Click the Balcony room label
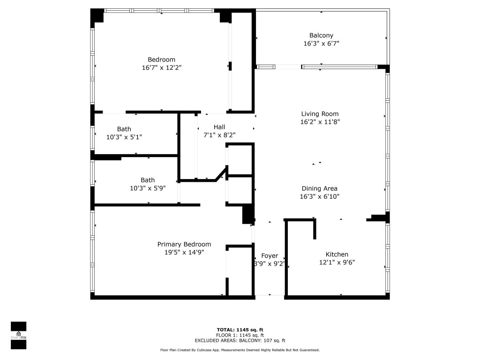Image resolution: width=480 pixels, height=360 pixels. (x=321, y=36)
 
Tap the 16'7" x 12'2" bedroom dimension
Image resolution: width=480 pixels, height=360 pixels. (x=161, y=67)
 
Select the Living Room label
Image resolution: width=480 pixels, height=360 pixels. (x=320, y=114)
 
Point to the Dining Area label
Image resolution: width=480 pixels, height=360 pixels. (x=319, y=188)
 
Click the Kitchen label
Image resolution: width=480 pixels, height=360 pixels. (x=337, y=255)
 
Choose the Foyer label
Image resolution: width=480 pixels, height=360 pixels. (x=270, y=255)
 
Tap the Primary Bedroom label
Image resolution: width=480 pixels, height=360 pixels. (x=184, y=244)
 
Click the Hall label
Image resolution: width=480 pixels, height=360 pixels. (x=219, y=127)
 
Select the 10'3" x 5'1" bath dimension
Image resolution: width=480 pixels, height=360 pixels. (x=124, y=137)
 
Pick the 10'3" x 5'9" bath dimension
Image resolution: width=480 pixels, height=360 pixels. (x=148, y=188)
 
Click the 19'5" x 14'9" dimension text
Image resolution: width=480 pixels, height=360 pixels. (x=184, y=252)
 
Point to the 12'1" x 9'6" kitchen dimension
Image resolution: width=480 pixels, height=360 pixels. (x=337, y=262)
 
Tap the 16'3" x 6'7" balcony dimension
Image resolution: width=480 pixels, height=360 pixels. (x=321, y=44)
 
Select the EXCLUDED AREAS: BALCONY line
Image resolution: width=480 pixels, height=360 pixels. (x=240, y=341)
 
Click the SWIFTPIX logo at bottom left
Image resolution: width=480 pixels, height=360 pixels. (x=18, y=336)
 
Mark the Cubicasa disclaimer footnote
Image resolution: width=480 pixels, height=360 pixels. (x=240, y=350)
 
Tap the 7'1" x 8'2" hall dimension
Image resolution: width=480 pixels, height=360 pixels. (x=219, y=135)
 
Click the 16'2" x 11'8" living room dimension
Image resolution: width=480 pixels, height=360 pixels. (x=320, y=122)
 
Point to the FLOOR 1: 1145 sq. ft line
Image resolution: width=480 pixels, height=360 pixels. (x=240, y=336)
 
